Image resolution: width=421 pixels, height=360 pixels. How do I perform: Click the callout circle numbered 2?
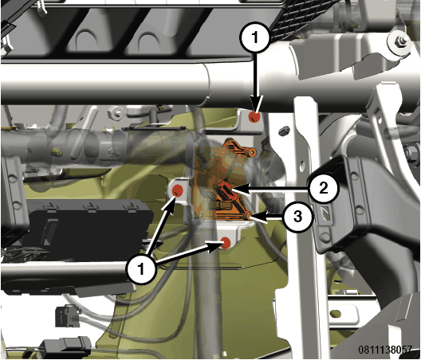click(324, 188)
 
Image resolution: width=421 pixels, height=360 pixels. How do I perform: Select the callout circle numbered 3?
click(298, 216)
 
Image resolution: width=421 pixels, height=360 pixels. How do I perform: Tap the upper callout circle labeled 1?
click(255, 37)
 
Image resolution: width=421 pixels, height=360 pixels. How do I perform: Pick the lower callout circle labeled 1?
click(140, 268)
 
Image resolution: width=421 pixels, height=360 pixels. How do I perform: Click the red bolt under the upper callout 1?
click(254, 117)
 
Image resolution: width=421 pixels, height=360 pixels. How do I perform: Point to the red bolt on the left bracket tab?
click(177, 190)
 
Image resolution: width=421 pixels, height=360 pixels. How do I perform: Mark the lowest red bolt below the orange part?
click(226, 243)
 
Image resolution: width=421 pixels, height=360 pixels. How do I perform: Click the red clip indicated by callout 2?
click(226, 190)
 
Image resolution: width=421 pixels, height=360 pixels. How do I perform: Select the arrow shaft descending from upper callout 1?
click(255, 80)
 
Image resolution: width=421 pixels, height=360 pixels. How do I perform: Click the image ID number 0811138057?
click(385, 350)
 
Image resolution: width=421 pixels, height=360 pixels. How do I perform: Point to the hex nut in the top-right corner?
click(399, 41)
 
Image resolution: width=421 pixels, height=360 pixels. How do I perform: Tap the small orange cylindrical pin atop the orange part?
click(253, 152)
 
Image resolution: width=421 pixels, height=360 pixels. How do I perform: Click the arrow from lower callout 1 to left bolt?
click(162, 227)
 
